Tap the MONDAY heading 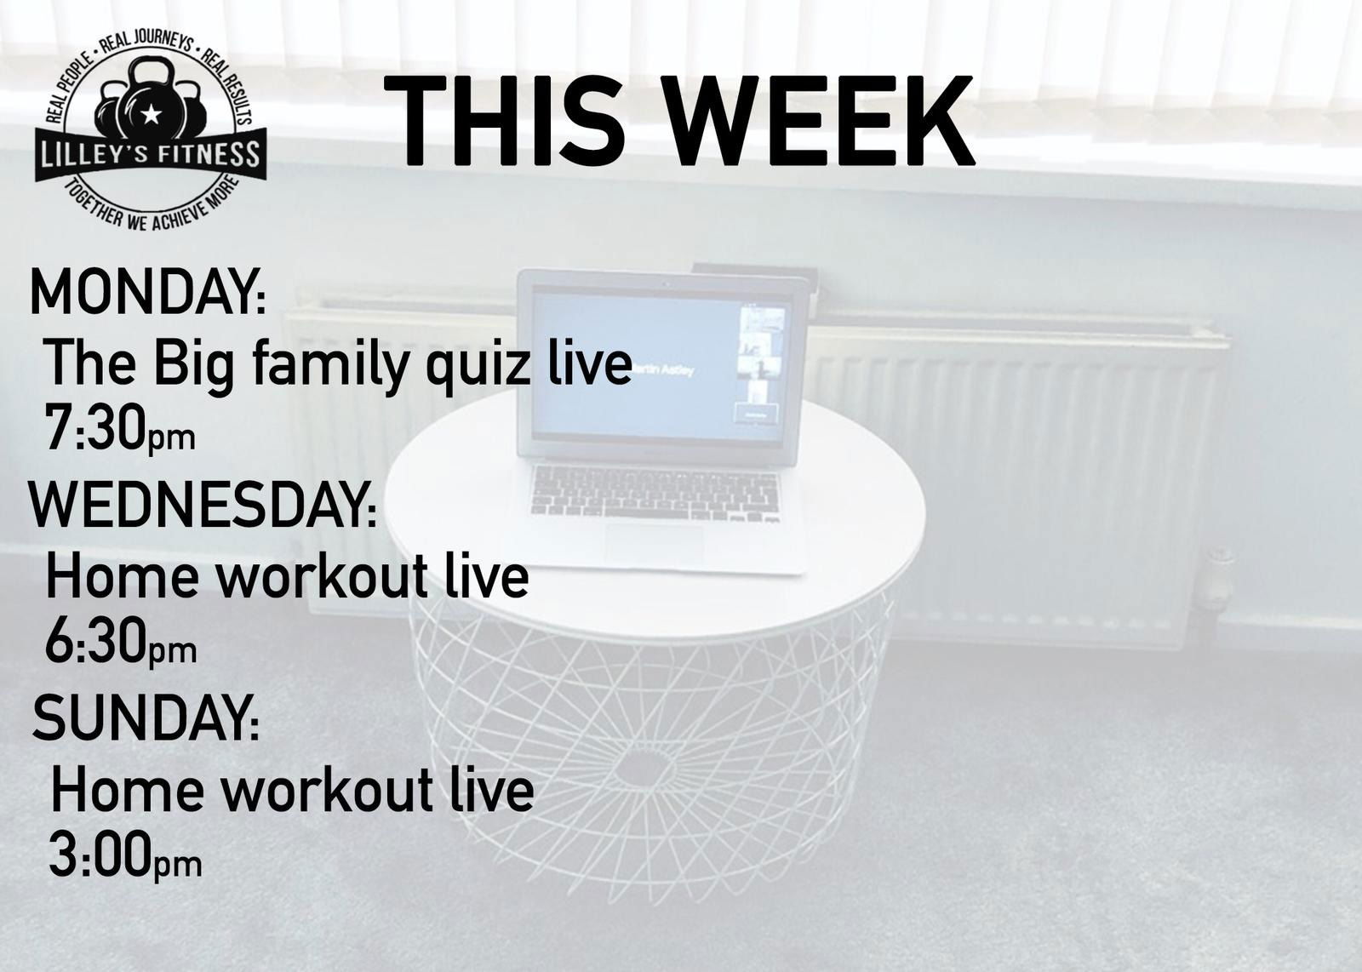click(148, 293)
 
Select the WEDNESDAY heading click(203, 505)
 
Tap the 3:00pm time click(125, 856)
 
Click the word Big click(194, 365)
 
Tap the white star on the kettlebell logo click(150, 113)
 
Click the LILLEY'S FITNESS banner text click(150, 155)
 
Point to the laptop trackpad click(655, 544)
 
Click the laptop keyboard click(655, 493)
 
